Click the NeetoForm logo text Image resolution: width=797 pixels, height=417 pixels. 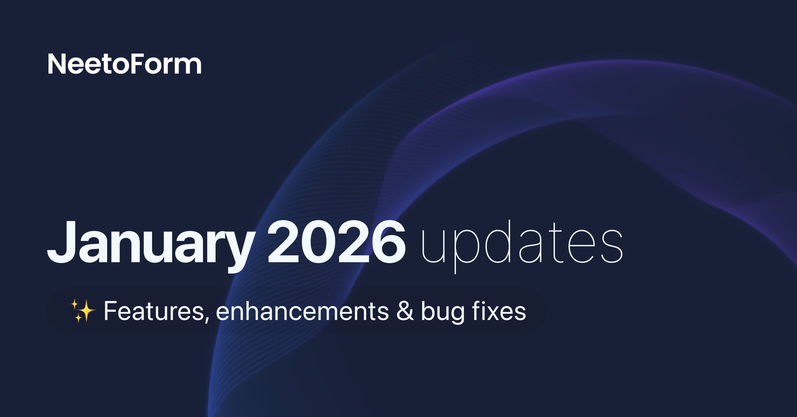[125, 64]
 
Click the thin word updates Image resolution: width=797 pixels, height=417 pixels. [522, 246]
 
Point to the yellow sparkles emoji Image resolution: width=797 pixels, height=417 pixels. [83, 311]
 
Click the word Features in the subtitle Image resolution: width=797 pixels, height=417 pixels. [154, 311]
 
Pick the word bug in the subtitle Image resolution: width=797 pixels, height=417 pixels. [443, 312]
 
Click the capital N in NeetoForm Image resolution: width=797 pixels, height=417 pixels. [58, 64]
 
